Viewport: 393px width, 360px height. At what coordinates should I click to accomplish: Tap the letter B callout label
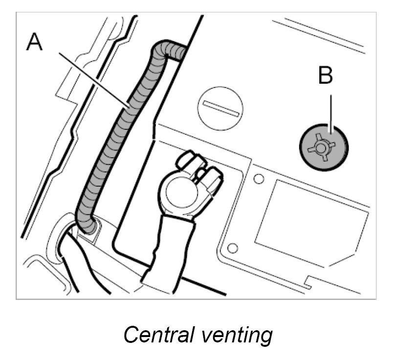[x=326, y=76]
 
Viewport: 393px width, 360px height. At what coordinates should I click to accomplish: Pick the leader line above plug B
[x=331, y=110]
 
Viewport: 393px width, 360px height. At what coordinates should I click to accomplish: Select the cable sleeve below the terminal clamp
[x=169, y=249]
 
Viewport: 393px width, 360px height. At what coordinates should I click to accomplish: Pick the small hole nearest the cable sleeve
[x=233, y=248]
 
